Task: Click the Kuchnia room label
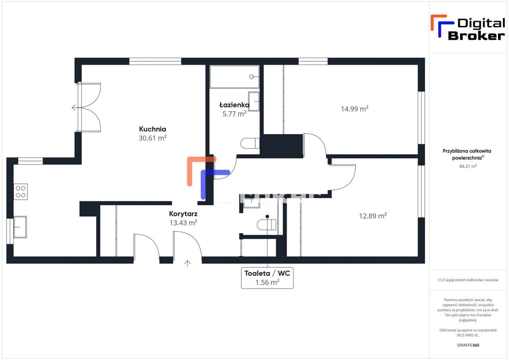pyautogui.click(x=152, y=129)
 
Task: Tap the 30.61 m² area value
pyautogui.click(x=152, y=138)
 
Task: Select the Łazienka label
pyautogui.click(x=234, y=105)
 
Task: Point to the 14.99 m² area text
pyautogui.click(x=354, y=109)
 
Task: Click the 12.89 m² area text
pyautogui.click(x=373, y=216)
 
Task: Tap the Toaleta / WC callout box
pyautogui.click(x=267, y=278)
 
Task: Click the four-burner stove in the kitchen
pyautogui.click(x=21, y=191)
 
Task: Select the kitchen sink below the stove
pyautogui.click(x=20, y=227)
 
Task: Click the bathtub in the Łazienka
pyautogui.click(x=234, y=77)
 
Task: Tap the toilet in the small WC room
pyautogui.click(x=266, y=225)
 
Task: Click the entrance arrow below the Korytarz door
pyautogui.click(x=187, y=263)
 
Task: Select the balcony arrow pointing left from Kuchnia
pyautogui.click(x=74, y=107)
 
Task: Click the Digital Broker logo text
pyautogui.click(x=476, y=29)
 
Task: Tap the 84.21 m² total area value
pyautogui.click(x=468, y=166)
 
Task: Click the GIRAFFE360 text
pyautogui.click(x=468, y=345)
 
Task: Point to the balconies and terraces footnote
pyautogui.click(x=468, y=280)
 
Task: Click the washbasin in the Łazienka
pyautogui.click(x=254, y=101)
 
